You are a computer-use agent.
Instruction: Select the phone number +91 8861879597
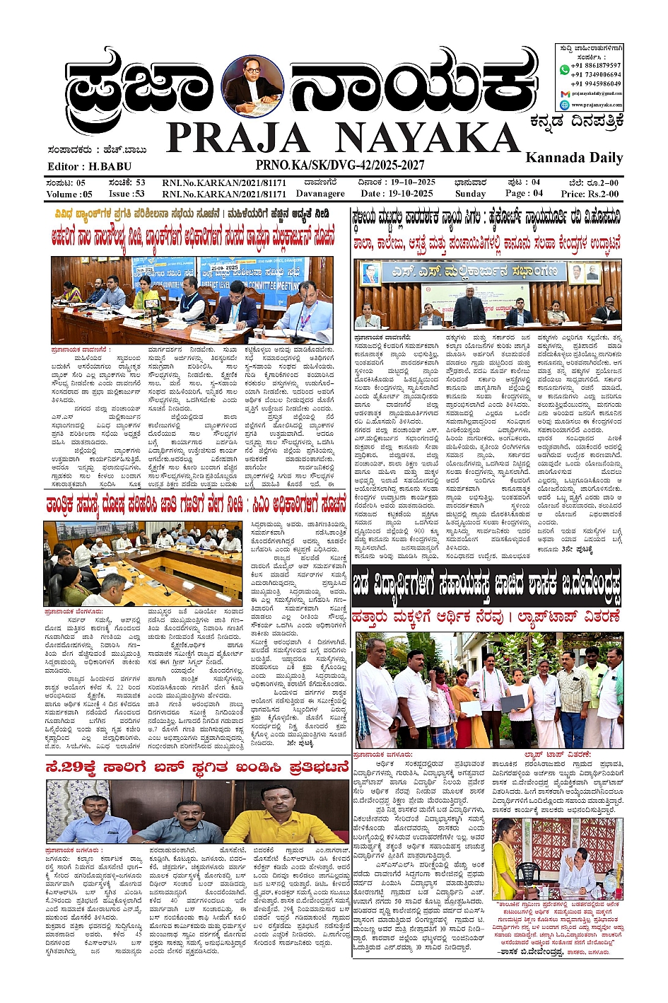pyautogui.click(x=597, y=65)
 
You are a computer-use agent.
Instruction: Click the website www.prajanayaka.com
pyautogui.click(x=597, y=105)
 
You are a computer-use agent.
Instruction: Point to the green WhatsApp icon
pyautogui.click(x=564, y=69)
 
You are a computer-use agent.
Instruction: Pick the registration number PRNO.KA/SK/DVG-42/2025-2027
pyautogui.click(x=340, y=165)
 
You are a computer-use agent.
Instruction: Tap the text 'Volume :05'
pyautogui.click(x=69, y=194)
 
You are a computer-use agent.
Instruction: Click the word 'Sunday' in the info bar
pyautogui.click(x=470, y=193)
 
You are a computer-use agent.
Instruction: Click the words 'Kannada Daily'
pyautogui.click(x=574, y=157)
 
